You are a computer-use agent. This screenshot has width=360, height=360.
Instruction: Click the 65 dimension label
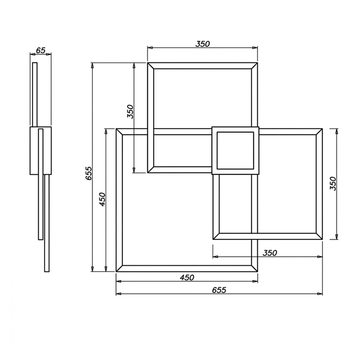(41, 50)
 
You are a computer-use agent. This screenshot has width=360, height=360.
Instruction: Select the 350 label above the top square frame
(202, 44)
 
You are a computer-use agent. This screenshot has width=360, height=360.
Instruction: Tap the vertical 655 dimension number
(89, 173)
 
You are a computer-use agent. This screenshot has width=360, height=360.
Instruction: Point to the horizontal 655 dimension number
(219, 290)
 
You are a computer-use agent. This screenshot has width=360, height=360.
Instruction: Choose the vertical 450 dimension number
(102, 199)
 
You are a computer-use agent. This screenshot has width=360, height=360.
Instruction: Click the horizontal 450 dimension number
(187, 278)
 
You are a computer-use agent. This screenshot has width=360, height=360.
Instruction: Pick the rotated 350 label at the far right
(333, 183)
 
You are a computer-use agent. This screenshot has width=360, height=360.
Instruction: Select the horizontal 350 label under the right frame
(270, 253)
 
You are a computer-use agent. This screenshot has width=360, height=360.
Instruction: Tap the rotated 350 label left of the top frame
(130, 111)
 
